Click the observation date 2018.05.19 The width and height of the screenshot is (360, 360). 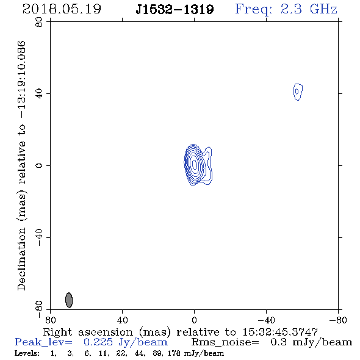point(62,9)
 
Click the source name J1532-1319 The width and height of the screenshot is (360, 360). point(175,9)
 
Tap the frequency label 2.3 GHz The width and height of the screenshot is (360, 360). point(309,9)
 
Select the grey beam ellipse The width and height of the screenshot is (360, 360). point(69,300)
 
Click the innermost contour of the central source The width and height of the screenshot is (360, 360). point(195,164)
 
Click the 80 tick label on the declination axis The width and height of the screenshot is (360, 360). point(39,22)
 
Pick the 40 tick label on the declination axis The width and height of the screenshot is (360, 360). point(39,93)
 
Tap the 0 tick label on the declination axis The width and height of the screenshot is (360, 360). point(39,165)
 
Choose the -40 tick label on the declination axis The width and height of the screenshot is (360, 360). point(39,237)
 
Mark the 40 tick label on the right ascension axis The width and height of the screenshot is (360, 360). point(122,320)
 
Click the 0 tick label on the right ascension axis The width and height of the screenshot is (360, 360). point(194,320)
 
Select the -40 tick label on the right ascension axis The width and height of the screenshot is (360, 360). point(266,320)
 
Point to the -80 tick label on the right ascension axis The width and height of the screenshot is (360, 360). point(338,320)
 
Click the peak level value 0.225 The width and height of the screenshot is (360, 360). point(98,342)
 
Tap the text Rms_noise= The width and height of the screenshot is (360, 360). point(225,342)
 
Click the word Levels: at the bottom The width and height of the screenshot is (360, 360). point(27,353)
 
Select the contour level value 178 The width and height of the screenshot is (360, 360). point(174,353)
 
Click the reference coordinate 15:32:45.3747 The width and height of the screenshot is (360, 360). point(280,332)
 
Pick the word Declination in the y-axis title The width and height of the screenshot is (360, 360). point(21,259)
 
